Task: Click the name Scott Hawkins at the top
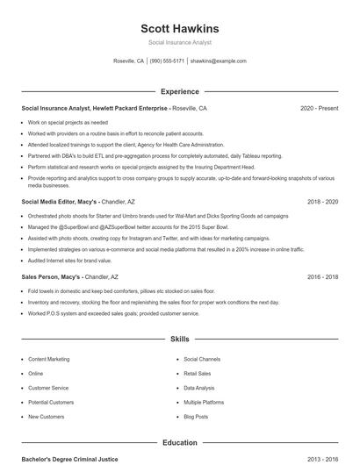click(x=180, y=29)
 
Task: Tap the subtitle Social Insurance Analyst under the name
click(x=180, y=42)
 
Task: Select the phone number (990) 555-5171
click(x=167, y=61)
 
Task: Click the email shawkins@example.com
click(x=219, y=61)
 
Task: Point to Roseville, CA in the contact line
click(x=128, y=61)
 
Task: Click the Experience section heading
click(x=180, y=91)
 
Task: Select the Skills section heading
click(x=180, y=338)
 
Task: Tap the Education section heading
click(x=180, y=443)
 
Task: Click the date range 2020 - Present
click(x=319, y=108)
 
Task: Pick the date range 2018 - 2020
click(x=322, y=201)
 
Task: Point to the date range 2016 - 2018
click(x=322, y=276)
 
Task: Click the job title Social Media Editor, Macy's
click(x=60, y=201)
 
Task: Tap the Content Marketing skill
click(x=48, y=359)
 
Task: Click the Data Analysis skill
click(x=198, y=387)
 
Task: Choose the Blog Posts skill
click(x=196, y=416)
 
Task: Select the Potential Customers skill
click(x=50, y=402)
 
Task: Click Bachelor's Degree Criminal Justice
click(x=69, y=460)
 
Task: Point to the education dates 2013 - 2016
click(x=322, y=460)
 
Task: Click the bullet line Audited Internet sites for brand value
click(x=70, y=260)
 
